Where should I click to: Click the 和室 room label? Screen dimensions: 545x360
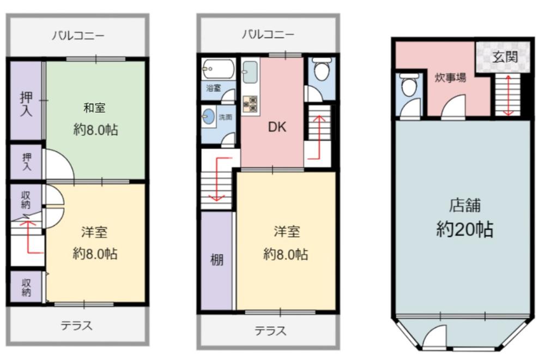point(94,108)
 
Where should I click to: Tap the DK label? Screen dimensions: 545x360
point(277,127)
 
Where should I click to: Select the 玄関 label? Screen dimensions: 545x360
point(505,57)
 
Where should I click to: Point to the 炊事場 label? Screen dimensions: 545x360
point(451,77)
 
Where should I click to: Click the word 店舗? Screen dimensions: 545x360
point(465,205)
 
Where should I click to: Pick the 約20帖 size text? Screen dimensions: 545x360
point(465,230)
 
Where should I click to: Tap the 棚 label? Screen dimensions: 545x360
point(217,260)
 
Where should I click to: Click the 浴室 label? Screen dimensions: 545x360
point(214,88)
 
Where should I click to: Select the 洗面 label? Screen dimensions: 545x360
point(225,117)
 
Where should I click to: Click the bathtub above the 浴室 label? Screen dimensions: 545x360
point(219,69)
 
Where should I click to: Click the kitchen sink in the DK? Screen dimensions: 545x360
point(250,72)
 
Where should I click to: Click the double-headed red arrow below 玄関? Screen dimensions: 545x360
point(508,95)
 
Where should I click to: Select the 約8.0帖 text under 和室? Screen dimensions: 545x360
point(95,130)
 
